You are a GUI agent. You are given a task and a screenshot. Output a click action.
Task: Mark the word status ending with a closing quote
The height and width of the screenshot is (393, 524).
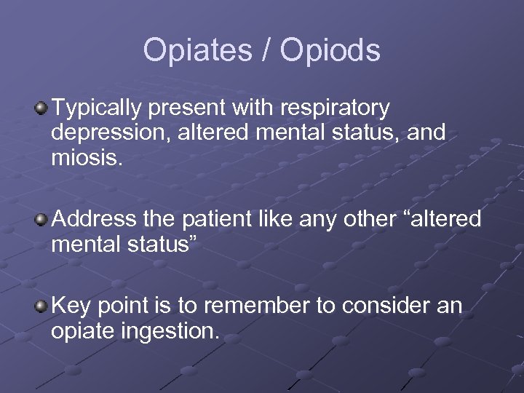pyautogui.click(x=163, y=244)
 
